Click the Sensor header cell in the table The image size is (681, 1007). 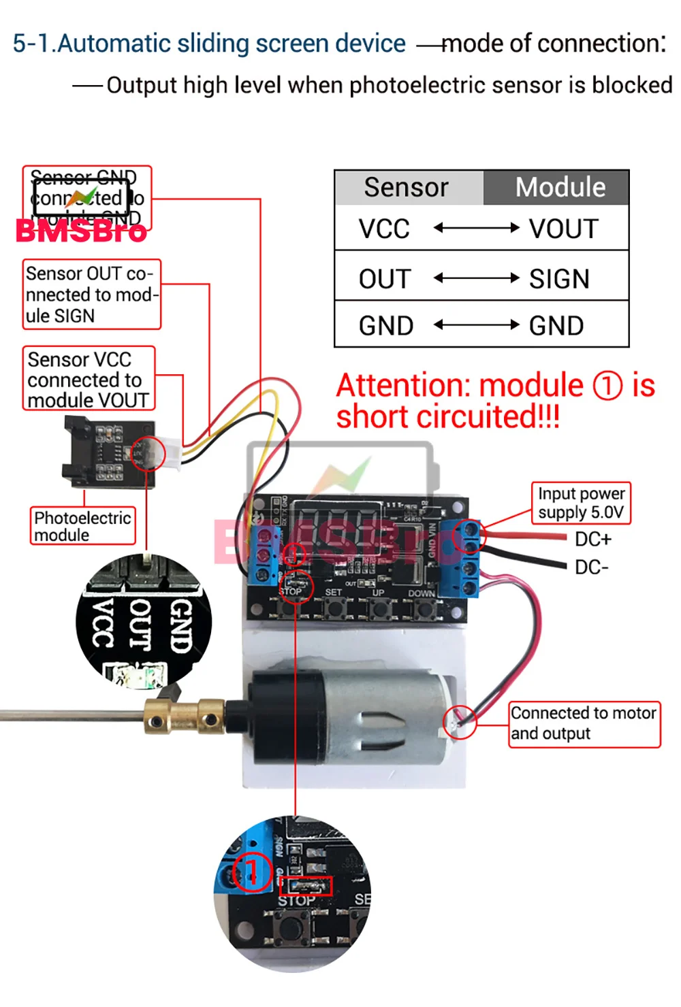coord(407,188)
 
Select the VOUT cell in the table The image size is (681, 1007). coord(564,229)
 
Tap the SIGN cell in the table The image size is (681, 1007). coord(559,279)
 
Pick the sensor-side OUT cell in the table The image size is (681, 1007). coord(385,279)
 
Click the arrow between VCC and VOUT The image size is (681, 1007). coord(477,228)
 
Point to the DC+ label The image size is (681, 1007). coord(593,540)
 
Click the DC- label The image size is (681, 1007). coord(591,567)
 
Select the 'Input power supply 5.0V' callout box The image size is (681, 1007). coord(581,503)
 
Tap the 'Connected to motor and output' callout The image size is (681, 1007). coord(584,723)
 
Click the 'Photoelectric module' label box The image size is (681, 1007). coord(82,526)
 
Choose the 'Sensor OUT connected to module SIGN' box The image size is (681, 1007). coord(91,295)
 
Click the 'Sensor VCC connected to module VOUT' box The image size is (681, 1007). coord(89,380)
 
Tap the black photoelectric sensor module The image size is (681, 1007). coord(109,452)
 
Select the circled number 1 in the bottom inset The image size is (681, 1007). coord(252,871)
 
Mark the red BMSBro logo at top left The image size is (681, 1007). coord(81,231)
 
